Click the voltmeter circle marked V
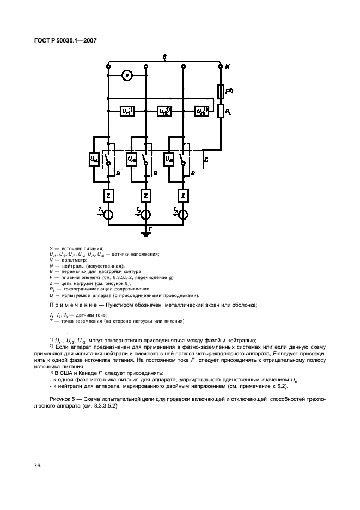pyautogui.click(x=126, y=76)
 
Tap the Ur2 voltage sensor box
pyautogui.click(x=164, y=112)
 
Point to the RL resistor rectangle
pyautogui.click(x=221, y=112)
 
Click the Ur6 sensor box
pyautogui.click(x=169, y=160)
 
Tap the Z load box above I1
pyautogui.click(x=108, y=195)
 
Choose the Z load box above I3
pyautogui.click(x=184, y=195)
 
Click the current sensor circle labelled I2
pyautogui.click(x=145, y=214)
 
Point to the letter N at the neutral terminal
pyautogui.click(x=227, y=67)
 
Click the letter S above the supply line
pyautogui.click(x=164, y=57)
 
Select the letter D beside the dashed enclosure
pyautogui.click(x=205, y=160)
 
